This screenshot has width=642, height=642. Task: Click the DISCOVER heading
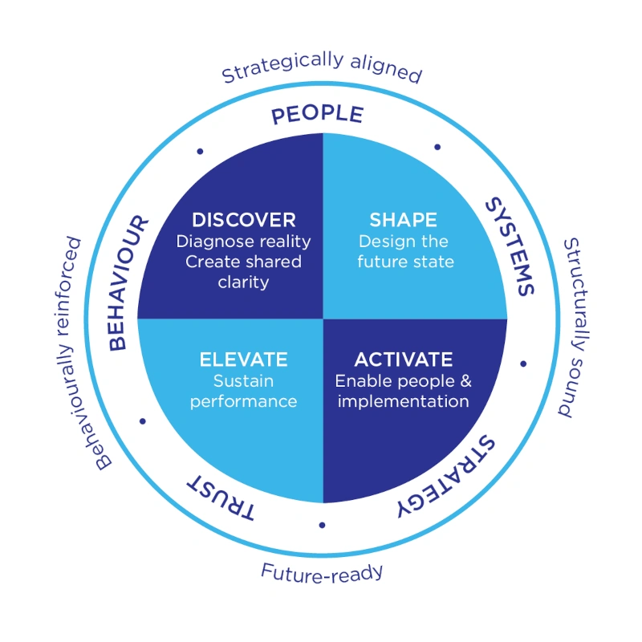pos(244,220)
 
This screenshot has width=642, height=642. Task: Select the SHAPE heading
pos(403,220)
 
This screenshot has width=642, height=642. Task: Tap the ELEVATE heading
pos(243,360)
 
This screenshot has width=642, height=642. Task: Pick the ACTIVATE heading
pos(403,360)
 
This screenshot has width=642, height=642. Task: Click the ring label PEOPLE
pos(317,115)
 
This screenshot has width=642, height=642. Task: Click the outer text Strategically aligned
pos(321,68)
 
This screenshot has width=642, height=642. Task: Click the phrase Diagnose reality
pos(243,241)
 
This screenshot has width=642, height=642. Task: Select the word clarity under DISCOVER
pos(243,282)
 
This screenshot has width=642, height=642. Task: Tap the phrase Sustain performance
pos(243,391)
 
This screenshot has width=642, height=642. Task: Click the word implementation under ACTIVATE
pos(403,400)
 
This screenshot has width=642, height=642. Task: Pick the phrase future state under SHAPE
pos(405,262)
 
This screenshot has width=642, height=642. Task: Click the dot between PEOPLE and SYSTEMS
pos(437,147)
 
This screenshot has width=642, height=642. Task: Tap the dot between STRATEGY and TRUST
pos(322,525)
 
